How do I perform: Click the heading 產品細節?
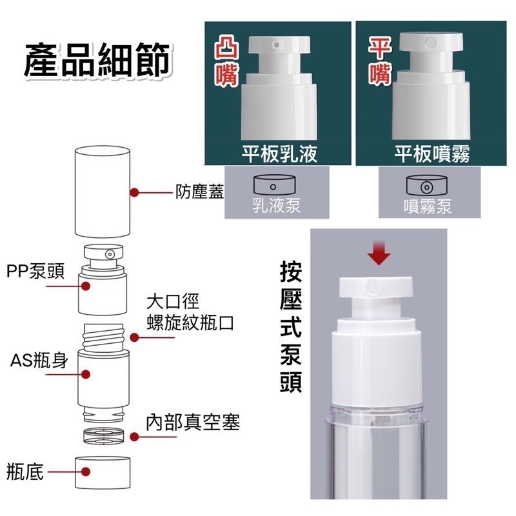click(x=97, y=60)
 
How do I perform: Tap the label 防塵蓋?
click(x=199, y=192)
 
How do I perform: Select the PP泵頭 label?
click(x=35, y=272)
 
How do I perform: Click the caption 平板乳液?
click(x=279, y=154)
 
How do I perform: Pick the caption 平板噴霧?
click(x=431, y=154)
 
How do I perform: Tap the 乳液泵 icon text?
click(x=276, y=206)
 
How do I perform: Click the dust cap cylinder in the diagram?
click(x=103, y=192)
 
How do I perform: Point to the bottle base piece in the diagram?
click(x=103, y=472)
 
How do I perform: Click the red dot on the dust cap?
click(x=134, y=192)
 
